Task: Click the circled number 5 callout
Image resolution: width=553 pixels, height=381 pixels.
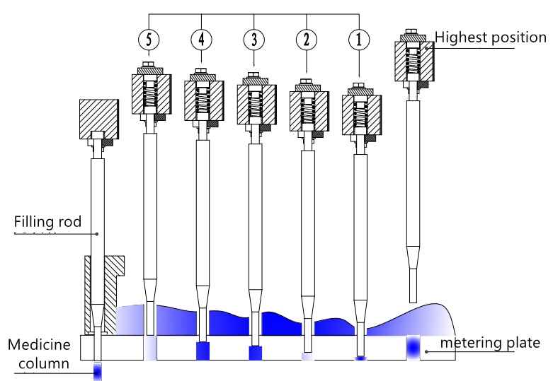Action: (149, 40)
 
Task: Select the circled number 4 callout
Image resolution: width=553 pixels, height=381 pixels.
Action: (201, 40)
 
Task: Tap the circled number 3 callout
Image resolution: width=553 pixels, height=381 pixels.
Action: (253, 40)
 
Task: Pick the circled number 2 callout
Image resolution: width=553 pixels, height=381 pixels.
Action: (306, 40)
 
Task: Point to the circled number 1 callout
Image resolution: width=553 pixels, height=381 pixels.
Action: (359, 40)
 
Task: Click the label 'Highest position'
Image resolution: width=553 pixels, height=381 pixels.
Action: (491, 37)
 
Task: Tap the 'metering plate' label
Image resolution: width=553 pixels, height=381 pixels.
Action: (490, 344)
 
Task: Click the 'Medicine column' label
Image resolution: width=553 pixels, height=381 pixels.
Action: (40, 354)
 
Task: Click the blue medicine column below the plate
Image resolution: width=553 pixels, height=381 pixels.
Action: (98, 370)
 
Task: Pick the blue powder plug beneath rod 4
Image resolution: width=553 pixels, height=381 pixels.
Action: (203, 350)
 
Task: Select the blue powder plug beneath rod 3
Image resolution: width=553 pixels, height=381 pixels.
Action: (255, 352)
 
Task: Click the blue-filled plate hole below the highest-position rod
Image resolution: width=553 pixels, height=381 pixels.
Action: (414, 347)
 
